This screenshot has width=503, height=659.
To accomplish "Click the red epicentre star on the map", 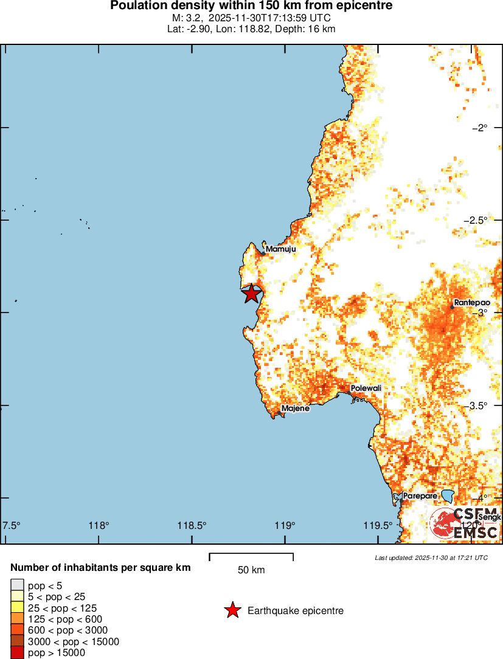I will [251, 293].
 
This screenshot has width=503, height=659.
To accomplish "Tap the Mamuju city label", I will [280, 249].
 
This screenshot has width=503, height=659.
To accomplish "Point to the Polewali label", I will [367, 388].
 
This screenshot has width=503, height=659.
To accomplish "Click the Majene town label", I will [295, 409].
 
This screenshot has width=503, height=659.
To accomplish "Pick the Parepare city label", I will [420, 495].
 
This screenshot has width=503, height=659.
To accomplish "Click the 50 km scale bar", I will [251, 557].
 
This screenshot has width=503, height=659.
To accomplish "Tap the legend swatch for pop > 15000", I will [17, 653].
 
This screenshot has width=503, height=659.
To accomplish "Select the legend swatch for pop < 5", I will [17, 585].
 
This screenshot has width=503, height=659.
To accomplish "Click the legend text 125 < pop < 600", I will [65, 619].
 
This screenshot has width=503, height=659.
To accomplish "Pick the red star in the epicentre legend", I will [232, 610].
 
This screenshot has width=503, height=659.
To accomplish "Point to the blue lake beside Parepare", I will [447, 496].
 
